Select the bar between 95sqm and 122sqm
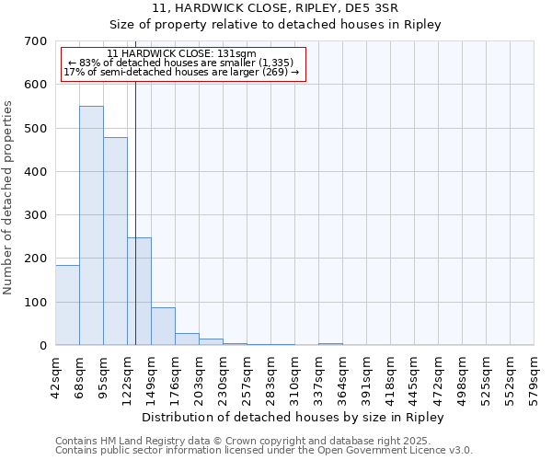click(115, 241)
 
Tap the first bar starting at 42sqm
click(67, 305)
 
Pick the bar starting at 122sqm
click(139, 291)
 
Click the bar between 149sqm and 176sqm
click(163, 326)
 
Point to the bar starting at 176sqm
click(187, 339)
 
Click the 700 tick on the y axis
click(36, 41)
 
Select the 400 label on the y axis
click(36, 172)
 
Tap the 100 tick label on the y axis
click(36, 303)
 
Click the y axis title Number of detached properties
click(8, 198)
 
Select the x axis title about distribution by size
click(294, 417)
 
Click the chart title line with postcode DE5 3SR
click(275, 7)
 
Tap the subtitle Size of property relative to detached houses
click(275, 24)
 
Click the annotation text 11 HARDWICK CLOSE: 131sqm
click(181, 54)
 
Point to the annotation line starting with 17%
click(181, 72)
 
